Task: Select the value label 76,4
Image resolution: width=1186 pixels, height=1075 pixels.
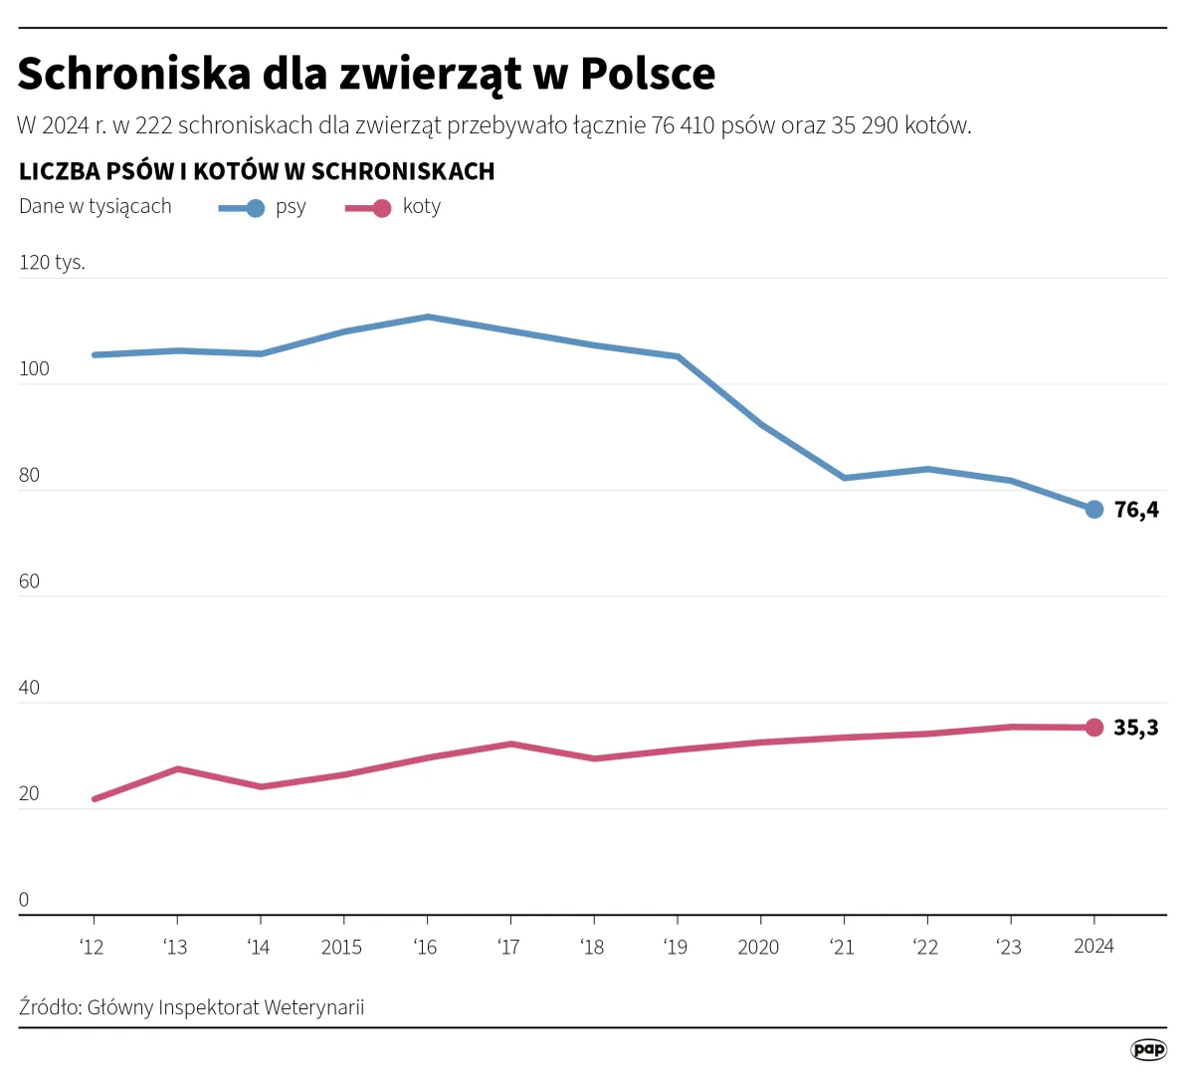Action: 1135,510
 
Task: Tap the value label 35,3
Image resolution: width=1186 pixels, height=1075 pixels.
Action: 1135,728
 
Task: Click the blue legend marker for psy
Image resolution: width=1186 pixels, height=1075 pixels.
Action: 255,208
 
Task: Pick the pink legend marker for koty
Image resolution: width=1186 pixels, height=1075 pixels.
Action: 381,208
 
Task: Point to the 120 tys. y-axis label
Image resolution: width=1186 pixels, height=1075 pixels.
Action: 52,263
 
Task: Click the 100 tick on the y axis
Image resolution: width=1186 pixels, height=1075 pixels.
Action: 34,369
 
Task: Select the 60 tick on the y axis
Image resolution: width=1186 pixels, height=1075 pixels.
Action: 29,581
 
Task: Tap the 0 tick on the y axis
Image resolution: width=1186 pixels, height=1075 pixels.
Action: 24,900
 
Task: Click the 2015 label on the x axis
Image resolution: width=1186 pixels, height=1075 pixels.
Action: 341,948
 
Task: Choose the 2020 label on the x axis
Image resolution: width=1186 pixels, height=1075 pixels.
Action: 758,948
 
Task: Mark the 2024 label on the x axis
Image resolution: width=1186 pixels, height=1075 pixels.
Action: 1093,947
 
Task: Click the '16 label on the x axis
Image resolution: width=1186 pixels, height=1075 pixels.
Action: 425,948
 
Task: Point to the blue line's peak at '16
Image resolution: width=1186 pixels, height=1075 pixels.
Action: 427,317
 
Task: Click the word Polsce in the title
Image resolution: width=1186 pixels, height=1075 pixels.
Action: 648,74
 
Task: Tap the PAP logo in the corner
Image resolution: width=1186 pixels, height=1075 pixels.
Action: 1148,1049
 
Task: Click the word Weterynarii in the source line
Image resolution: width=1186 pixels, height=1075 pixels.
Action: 313,1007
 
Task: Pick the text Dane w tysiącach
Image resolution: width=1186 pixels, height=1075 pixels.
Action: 96,207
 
